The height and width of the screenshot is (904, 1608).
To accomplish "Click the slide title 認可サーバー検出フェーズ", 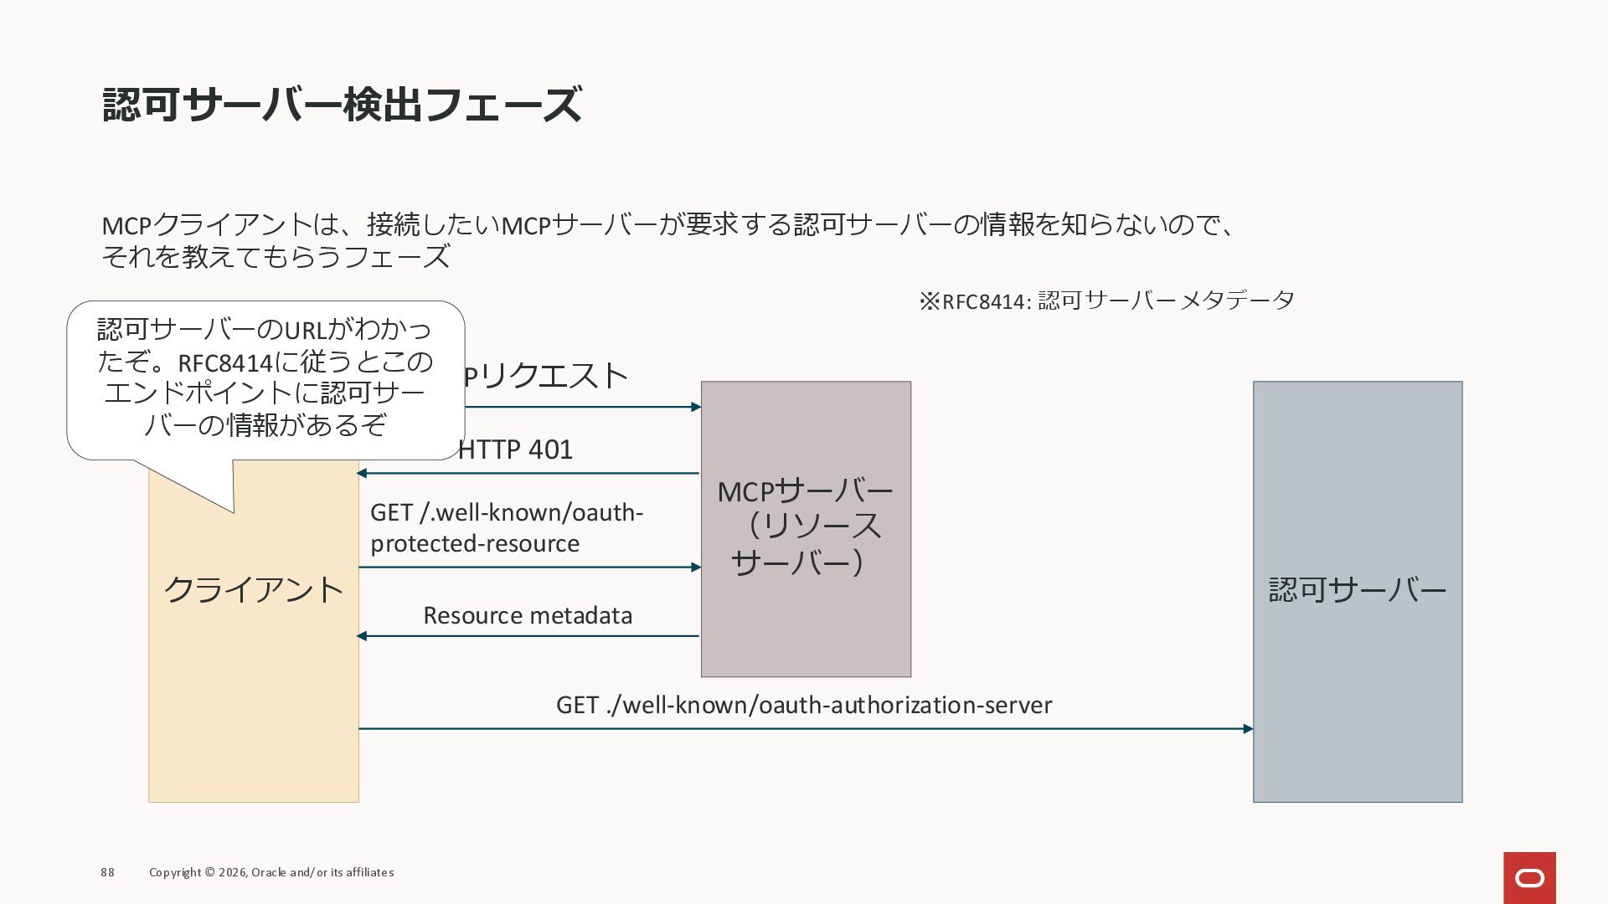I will coord(342,105).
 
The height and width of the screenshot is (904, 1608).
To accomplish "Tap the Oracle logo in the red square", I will coord(1529,878).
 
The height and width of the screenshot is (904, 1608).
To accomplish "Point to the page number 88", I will coord(107,872).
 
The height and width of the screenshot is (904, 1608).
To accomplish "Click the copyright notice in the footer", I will coord(271,872).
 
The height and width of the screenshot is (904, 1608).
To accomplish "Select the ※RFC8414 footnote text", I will coord(1106,300).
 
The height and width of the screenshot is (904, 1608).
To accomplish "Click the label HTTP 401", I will coord(515,449).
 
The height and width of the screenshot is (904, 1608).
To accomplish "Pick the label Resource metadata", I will coord(528,615).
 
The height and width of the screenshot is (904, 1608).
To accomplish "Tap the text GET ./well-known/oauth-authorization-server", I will coord(804,705).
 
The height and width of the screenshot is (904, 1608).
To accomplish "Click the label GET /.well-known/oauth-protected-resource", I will coord(507,527).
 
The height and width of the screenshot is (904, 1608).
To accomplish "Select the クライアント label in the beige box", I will coord(254,590).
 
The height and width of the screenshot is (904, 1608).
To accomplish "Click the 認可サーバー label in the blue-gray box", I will coord(1358,590).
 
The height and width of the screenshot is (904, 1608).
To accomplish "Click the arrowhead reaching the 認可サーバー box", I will coord(1248,729).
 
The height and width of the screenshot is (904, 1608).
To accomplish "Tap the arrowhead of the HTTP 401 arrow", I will coord(362,473).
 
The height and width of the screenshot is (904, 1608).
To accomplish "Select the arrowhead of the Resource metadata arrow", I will coord(362,636).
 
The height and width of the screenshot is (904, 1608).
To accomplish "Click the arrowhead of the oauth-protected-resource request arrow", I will coord(696,568).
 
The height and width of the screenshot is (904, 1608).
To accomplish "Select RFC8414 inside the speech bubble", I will coord(225,363).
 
